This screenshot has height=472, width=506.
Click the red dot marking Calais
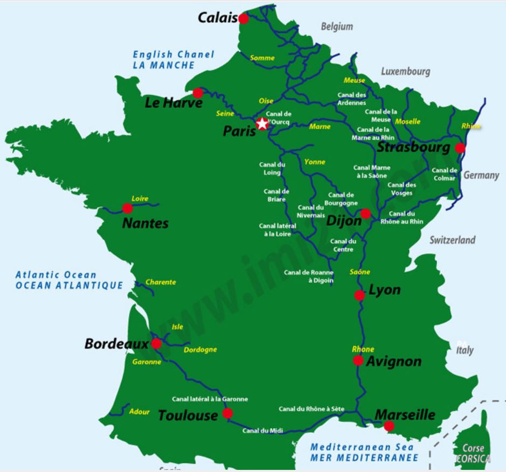[244, 19]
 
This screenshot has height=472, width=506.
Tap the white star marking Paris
[262, 124]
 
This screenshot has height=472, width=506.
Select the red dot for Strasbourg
[460, 148]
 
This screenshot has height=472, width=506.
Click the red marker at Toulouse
[227, 413]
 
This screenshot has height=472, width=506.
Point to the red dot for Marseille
[389, 426]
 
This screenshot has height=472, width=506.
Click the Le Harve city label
[174, 102]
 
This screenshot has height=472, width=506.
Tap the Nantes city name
[145, 223]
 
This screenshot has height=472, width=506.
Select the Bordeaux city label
[116, 344]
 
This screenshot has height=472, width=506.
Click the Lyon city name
[384, 290]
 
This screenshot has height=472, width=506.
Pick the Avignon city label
[393, 361]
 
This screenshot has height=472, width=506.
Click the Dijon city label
[343, 220]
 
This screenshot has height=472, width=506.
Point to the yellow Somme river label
[262, 58]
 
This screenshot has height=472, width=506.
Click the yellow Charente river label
[161, 282]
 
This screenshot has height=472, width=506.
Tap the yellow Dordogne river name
[200, 350]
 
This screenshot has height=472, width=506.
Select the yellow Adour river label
[139, 412]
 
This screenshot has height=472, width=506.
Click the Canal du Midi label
[262, 431]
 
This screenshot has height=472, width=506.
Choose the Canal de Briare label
[276, 195]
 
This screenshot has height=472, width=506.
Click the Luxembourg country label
[405, 71]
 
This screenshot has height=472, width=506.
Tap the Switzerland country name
[452, 240]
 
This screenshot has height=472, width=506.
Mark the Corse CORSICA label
[473, 453]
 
